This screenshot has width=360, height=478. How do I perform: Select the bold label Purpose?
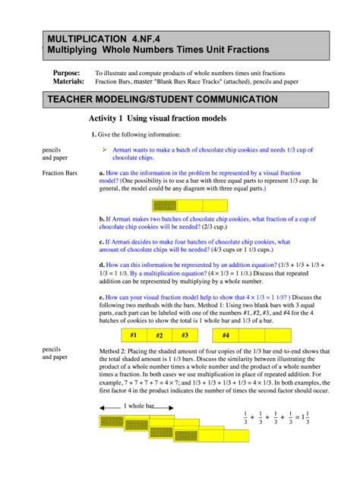pyautogui.click(x=65, y=72)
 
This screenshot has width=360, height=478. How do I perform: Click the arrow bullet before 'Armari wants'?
pyautogui.click(x=105, y=150)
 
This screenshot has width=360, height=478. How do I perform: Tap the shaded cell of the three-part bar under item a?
pyautogui.click(x=164, y=206)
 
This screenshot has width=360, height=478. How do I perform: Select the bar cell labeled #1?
pyautogui.click(x=133, y=335)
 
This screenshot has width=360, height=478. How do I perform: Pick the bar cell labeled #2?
pyautogui.click(x=159, y=335)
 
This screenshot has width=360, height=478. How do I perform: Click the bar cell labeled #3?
pyautogui.click(x=185, y=335)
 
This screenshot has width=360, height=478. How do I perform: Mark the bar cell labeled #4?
pyautogui.click(x=225, y=335)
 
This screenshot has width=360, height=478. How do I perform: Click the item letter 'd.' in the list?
pyautogui.click(x=103, y=264)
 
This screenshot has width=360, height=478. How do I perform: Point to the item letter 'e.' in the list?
pyautogui.click(x=103, y=297)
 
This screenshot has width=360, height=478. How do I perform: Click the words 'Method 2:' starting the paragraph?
pyautogui.click(x=115, y=351)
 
